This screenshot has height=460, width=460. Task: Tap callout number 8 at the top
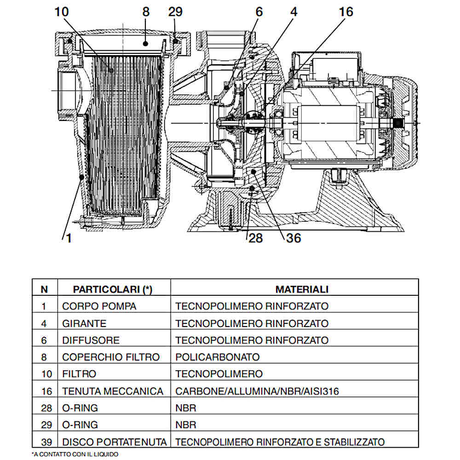(146, 12)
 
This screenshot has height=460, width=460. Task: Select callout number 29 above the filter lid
(175, 12)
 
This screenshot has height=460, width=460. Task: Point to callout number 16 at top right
(345, 12)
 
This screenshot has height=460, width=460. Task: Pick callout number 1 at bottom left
(69, 238)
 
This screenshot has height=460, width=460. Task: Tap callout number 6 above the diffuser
(259, 12)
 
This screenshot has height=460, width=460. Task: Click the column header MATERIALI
(302, 289)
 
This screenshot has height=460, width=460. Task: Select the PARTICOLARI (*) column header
(113, 289)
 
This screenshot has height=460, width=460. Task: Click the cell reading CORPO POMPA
(99, 306)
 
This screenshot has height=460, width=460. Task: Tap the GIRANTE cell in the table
(84, 323)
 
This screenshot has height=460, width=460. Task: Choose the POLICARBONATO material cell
(218, 357)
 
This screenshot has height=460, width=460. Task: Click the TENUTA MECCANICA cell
(113, 391)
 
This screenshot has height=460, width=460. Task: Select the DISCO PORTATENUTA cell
(114, 442)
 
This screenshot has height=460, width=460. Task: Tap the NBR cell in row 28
(186, 408)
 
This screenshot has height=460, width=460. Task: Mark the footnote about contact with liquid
(75, 454)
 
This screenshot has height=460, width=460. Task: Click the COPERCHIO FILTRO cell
(111, 357)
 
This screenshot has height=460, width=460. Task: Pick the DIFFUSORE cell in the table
(91, 340)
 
